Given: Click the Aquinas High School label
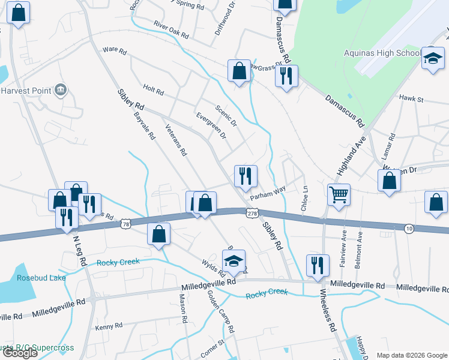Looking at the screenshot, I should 382,53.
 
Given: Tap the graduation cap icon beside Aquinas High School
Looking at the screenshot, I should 433,59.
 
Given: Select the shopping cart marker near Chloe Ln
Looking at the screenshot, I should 339,194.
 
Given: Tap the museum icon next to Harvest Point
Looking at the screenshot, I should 60,91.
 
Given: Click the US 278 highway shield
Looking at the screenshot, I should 252,212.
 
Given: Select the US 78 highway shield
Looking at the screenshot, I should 125,224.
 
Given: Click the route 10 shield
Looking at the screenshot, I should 409,228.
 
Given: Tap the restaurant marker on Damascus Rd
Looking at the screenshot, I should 286,76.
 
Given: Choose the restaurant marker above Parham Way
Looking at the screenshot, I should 246,175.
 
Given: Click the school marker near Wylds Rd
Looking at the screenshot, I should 234,260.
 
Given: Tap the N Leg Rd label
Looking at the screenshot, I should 80,250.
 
